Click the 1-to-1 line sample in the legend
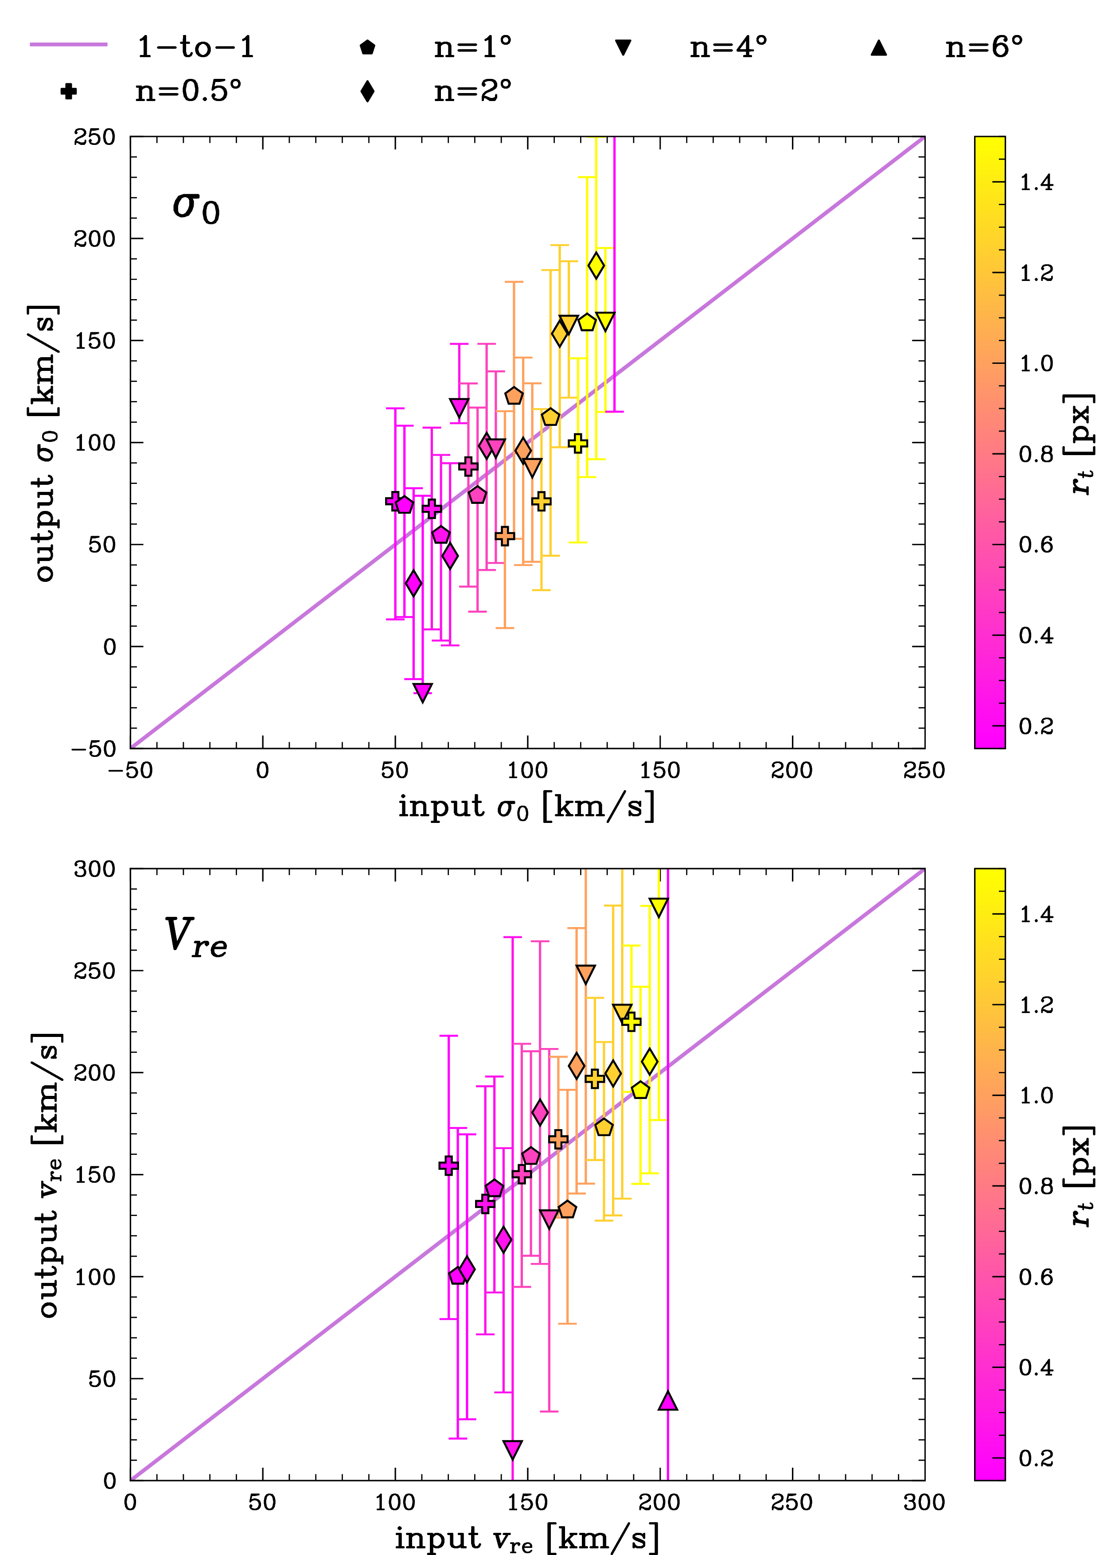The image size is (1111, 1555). (68, 44)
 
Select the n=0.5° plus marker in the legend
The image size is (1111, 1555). (68, 91)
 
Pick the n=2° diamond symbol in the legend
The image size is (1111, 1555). (367, 91)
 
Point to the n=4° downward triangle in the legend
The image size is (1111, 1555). (623, 47)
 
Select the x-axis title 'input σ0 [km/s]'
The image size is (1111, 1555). (527, 807)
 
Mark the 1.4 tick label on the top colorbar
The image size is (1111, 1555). (1037, 183)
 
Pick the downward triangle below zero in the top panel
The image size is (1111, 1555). (423, 692)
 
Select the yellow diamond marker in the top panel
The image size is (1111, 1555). (596, 265)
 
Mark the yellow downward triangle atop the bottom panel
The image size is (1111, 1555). (658, 907)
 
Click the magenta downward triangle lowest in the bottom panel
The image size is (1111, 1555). (512, 1449)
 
